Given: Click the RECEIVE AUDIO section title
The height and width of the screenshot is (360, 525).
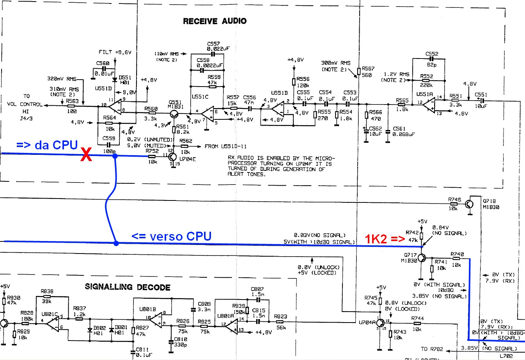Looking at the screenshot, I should pyautogui.click(x=215, y=21).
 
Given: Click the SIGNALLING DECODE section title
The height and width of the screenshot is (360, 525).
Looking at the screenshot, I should pyautogui.click(x=128, y=287).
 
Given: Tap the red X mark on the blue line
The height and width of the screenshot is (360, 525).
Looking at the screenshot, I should pyautogui.click(x=86, y=155).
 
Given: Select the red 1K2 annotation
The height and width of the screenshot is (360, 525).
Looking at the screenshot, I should pyautogui.click(x=376, y=239).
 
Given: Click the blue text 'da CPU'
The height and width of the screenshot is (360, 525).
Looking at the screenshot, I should pyautogui.click(x=56, y=145).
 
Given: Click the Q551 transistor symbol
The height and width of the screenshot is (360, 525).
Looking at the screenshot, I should pyautogui.click(x=174, y=114).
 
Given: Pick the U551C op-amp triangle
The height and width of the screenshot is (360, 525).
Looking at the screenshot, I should pyautogui.click(x=208, y=114).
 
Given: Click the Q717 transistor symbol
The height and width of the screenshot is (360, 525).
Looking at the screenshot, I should pyautogui.click(x=422, y=258).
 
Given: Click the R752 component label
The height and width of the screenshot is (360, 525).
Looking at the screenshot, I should pyautogui.click(x=152, y=151).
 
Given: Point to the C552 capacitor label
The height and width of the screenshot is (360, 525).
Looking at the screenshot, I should pyautogui.click(x=432, y=54).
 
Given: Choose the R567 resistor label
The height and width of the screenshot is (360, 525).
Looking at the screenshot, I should pyautogui.click(x=368, y=69).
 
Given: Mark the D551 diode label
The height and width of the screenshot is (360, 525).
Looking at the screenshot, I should pyautogui.click(x=125, y=78).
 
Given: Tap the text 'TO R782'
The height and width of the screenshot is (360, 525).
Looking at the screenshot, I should pyautogui.click(x=432, y=349).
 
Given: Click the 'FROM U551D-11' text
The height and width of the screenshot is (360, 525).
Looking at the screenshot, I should pyautogui.click(x=226, y=147).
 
